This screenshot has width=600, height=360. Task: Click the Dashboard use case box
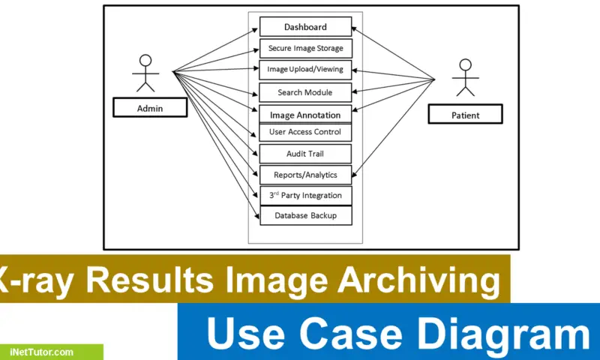point(305,27)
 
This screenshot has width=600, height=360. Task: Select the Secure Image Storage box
point(305,49)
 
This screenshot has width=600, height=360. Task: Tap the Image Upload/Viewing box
point(305,70)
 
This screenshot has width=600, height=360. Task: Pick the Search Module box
point(305,93)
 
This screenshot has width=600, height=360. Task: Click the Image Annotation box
point(305,115)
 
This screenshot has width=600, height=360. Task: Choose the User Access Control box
point(305,133)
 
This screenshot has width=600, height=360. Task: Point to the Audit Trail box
point(305,154)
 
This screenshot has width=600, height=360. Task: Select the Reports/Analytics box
point(305,175)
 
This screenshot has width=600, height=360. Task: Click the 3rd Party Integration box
point(305,196)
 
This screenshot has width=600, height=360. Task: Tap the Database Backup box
point(305,216)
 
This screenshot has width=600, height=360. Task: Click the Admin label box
point(149,109)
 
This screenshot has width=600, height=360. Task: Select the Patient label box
point(465,115)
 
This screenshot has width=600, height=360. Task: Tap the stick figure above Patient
point(466,79)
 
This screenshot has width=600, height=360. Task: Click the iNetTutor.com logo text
point(42,352)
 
